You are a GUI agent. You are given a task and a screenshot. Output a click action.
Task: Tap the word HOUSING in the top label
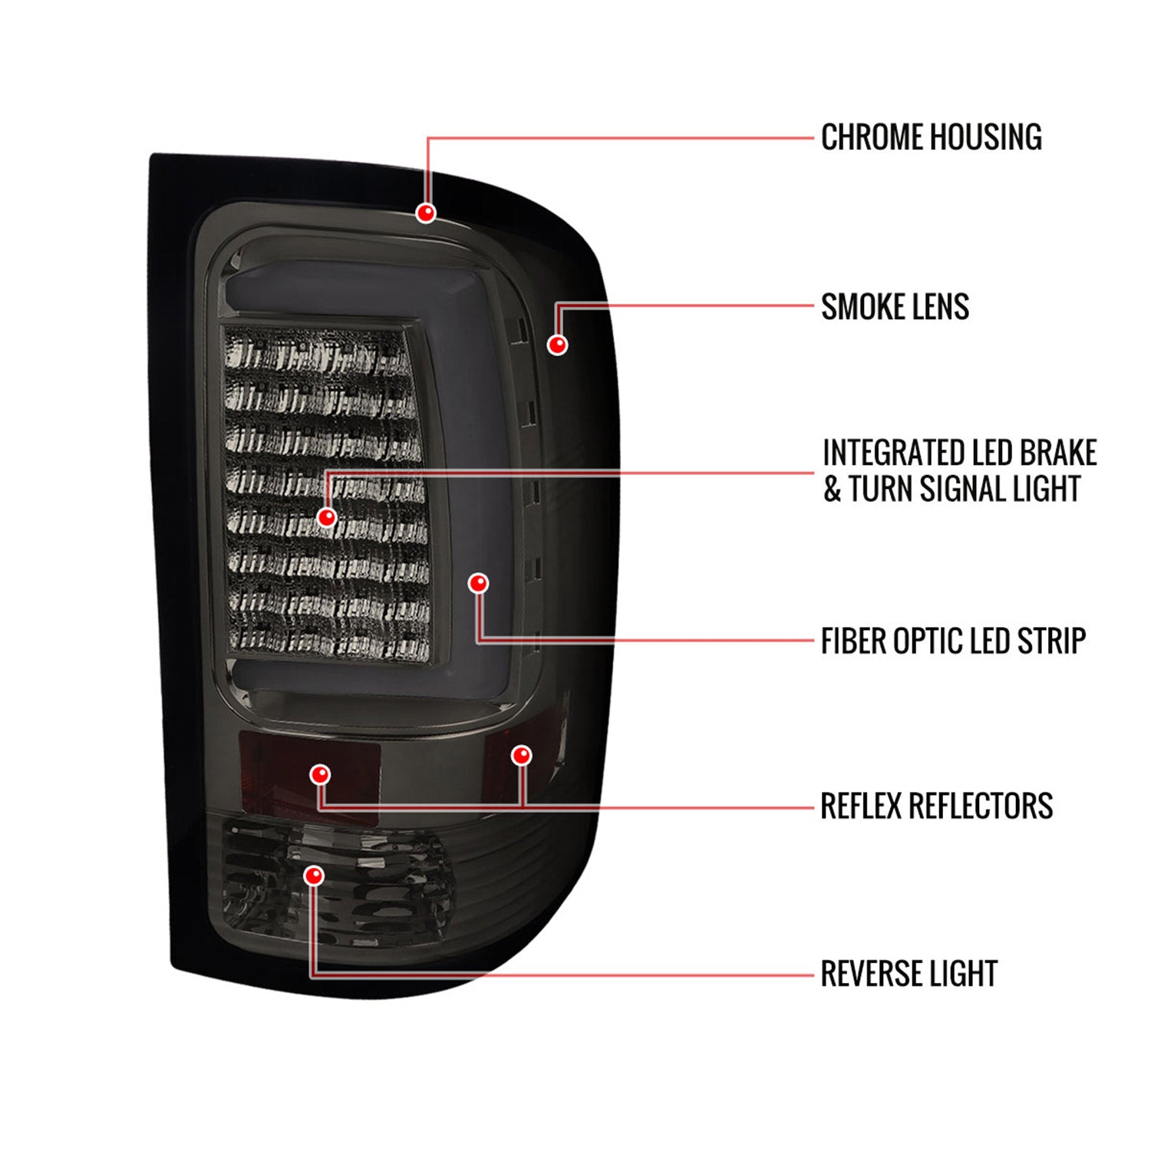coord(986,137)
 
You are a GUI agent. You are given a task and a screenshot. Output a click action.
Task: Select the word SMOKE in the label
coord(859,307)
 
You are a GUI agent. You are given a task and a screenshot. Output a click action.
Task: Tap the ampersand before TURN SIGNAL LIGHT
coord(833,489)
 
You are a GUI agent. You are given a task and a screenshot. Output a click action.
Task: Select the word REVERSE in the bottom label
coord(872,974)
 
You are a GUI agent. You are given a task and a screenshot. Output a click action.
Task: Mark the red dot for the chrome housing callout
coord(426,213)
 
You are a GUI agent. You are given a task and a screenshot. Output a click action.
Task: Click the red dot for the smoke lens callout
coord(558,344)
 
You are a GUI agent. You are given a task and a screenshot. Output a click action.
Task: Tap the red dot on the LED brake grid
coord(328,516)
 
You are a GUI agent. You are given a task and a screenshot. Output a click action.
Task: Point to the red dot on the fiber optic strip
coord(478,583)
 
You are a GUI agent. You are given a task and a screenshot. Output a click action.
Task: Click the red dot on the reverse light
coord(314,876)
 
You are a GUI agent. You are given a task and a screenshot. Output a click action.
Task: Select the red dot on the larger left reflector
coord(320,774)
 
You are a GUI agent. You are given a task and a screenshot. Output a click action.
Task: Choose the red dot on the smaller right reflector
coord(522,755)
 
